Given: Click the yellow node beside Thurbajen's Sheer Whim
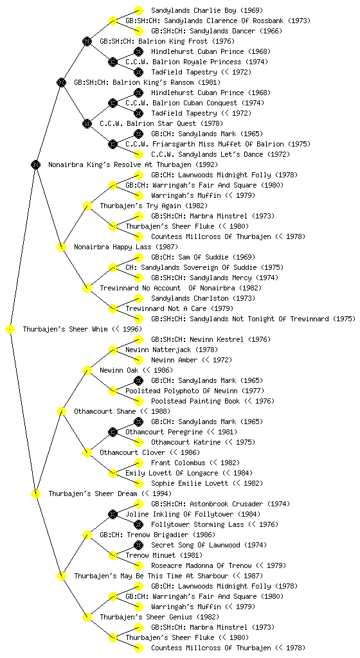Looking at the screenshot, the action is (10, 330).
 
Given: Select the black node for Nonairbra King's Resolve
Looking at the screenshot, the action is (35, 165).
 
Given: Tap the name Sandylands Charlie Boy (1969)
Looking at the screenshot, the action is (207, 10).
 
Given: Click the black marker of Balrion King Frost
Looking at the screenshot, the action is (87, 41).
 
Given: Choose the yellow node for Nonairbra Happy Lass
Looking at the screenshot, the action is (61, 247).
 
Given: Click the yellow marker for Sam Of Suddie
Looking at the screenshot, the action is (138, 257).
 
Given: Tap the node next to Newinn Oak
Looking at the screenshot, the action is (87, 371).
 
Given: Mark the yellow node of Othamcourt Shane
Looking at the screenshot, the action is (61, 412).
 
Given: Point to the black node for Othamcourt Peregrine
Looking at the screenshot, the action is (113, 432).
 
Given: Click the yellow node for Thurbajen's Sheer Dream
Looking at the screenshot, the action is (35, 494).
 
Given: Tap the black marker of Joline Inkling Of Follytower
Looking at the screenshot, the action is (113, 514).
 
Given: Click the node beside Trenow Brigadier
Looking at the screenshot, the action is (87, 535).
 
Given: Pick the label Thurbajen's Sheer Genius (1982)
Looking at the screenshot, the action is (159, 618).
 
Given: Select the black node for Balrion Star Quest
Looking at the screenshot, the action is (87, 124).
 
